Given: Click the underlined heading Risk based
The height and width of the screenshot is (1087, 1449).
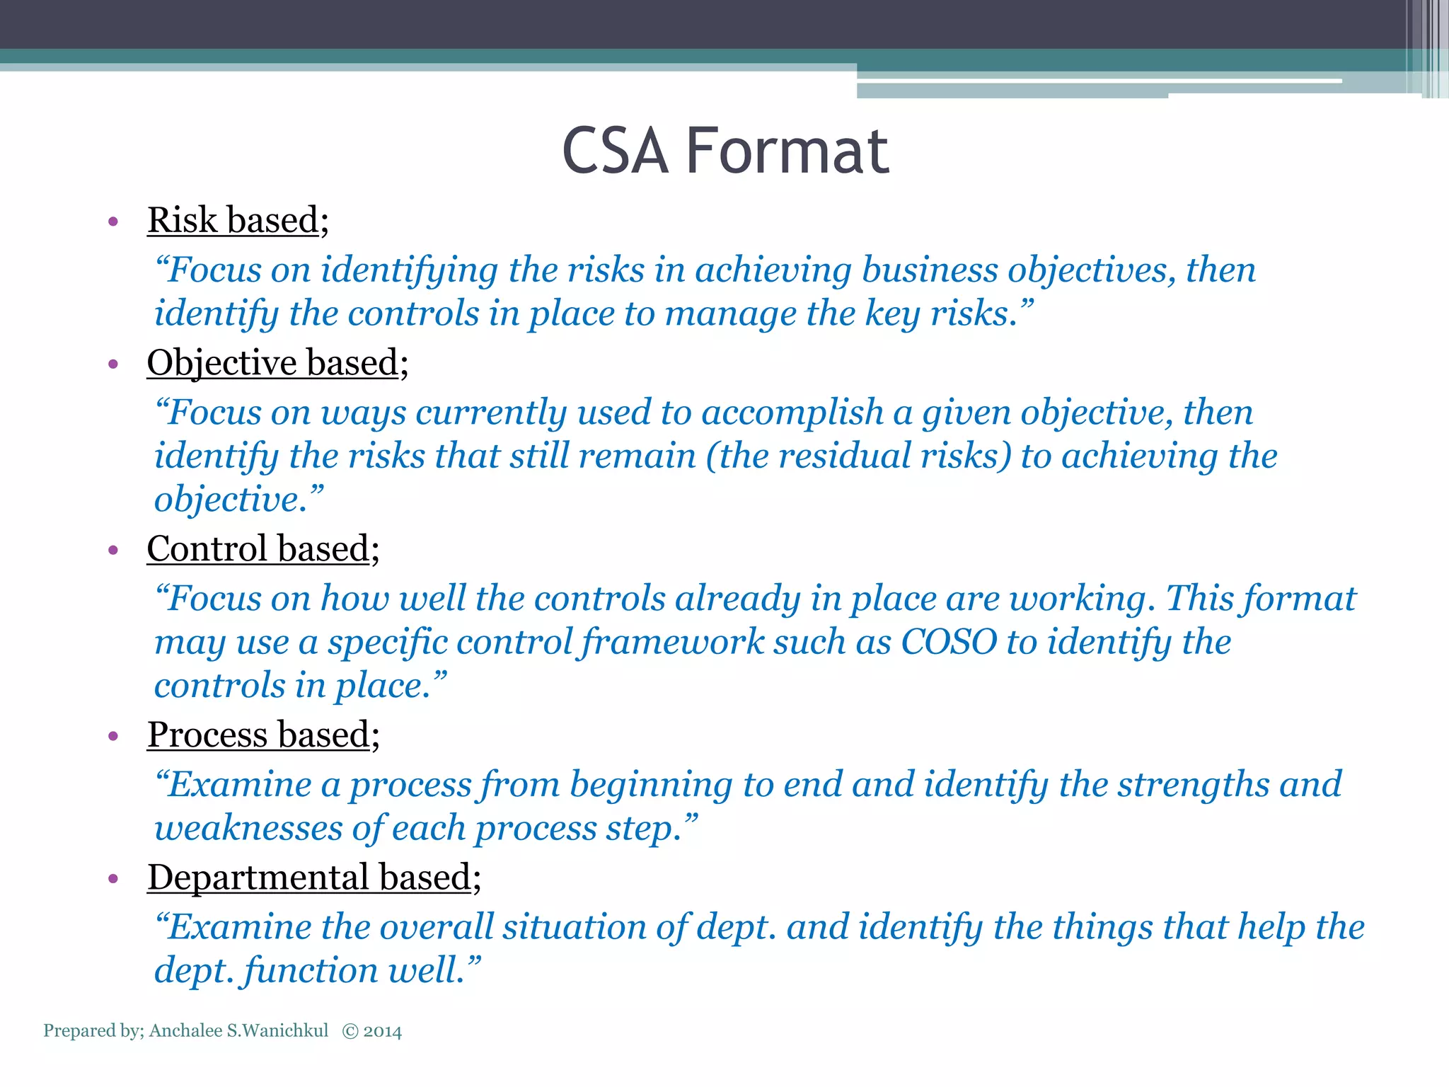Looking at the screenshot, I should point(233,220).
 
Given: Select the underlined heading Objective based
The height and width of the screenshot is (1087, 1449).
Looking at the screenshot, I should point(272,363).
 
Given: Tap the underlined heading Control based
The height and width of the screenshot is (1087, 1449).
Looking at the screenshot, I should point(258,549).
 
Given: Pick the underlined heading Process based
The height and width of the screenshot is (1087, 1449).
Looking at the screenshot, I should point(258,735).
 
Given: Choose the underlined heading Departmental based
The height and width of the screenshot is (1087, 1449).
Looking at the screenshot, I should point(309,878).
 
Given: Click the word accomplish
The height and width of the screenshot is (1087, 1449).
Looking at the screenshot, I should point(792,413).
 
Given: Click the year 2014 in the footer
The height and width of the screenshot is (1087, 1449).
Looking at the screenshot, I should point(383,1031).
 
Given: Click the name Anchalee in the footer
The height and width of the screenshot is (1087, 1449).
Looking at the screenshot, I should point(185,1031).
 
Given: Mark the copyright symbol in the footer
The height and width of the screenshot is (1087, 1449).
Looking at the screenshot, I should point(350,1031).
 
